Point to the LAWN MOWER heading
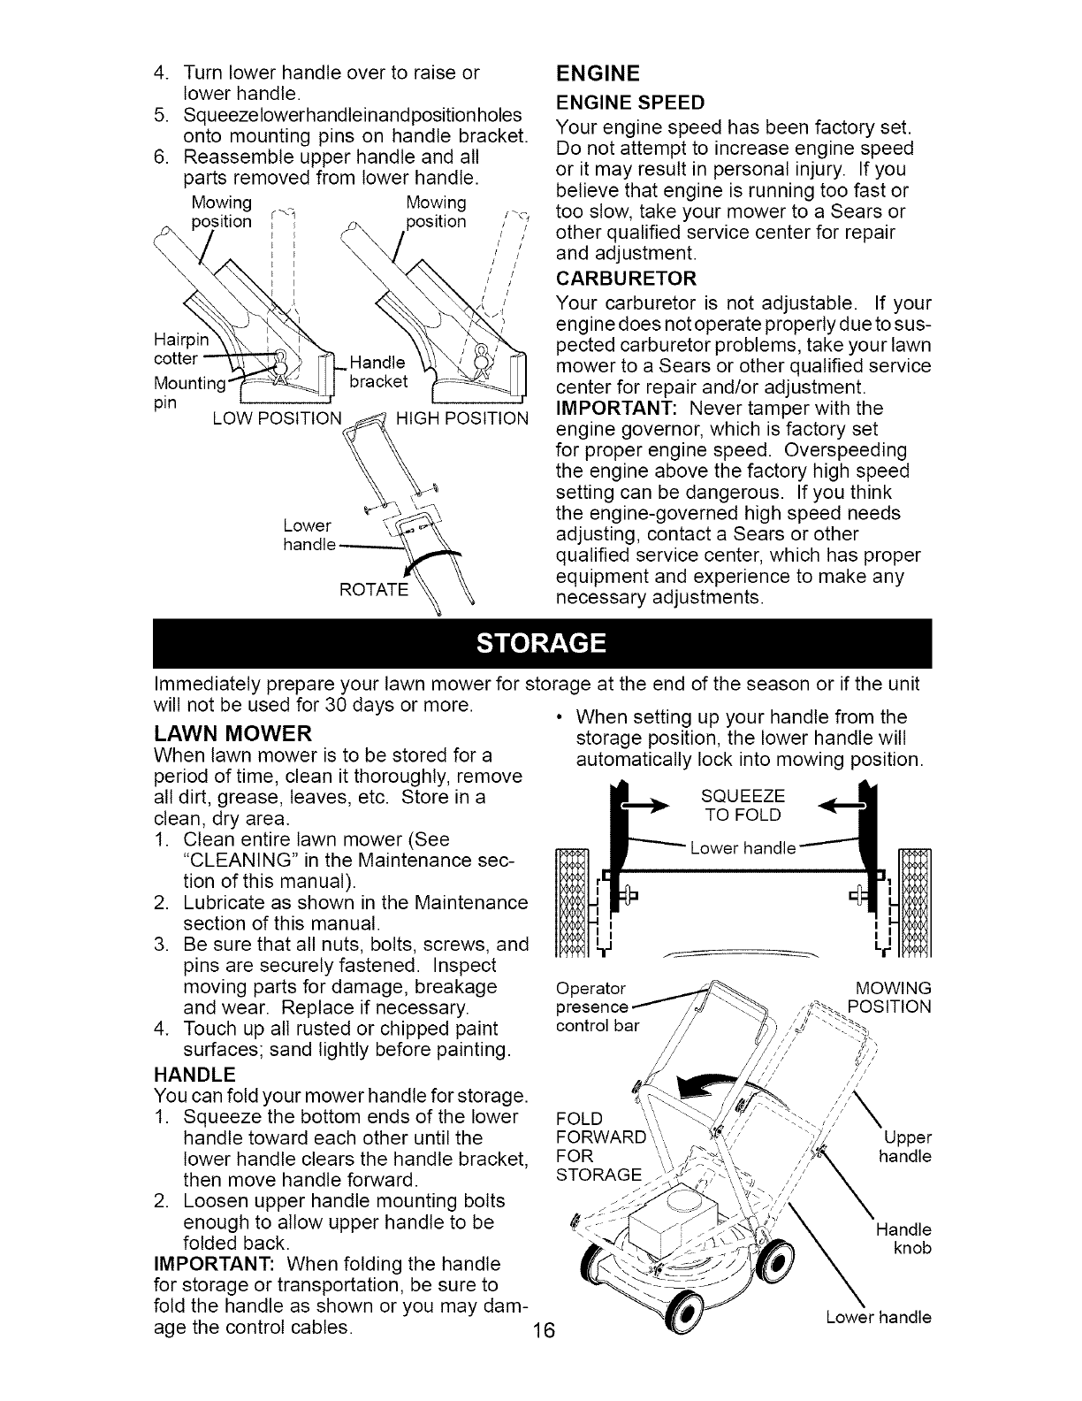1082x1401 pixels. click(232, 733)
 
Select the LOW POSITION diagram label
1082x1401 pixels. click(277, 417)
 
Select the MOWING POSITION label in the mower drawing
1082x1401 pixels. click(888, 998)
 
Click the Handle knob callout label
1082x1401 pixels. click(903, 1239)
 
